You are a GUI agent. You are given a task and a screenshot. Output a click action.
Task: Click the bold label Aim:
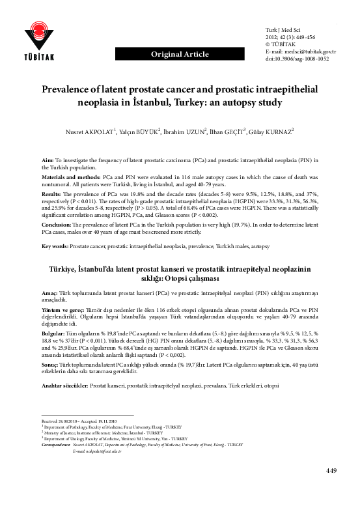(48, 160)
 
